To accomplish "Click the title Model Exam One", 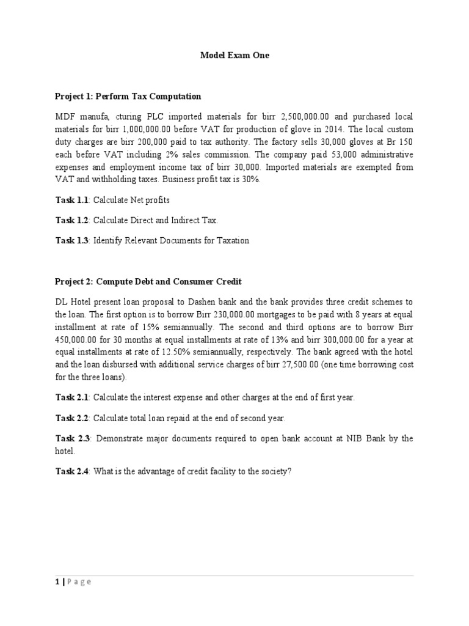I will [234, 55].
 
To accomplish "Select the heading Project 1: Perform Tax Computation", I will [128, 96].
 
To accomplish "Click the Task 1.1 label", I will [72, 200].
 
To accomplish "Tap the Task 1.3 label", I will [72, 240].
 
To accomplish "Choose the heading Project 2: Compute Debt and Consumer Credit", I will [148, 281].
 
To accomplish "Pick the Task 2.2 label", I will [72, 418].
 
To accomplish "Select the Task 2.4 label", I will [72, 473].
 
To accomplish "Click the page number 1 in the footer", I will [57, 582].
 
